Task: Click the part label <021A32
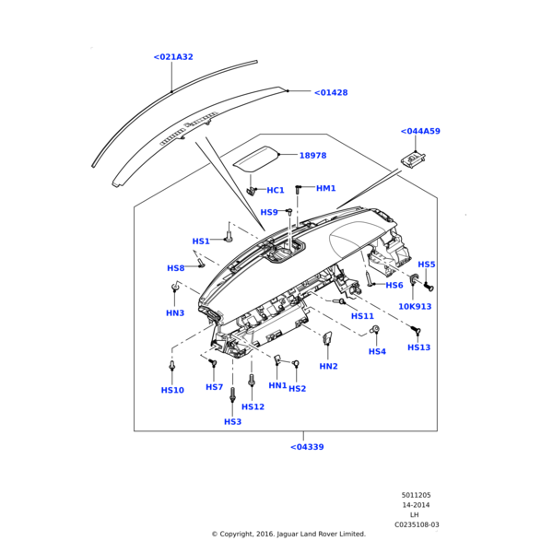[173, 57]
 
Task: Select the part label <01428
[331, 93]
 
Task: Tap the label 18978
[312, 156]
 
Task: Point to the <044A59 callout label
[420, 132]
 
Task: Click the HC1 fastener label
[276, 191]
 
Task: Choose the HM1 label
[326, 189]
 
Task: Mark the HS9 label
[269, 213]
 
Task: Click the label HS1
[201, 241]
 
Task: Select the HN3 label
[175, 313]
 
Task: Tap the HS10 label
[172, 390]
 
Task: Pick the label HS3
[232, 422]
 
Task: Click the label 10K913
[415, 307]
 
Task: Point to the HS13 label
[418, 347]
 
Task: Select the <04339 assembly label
[307, 447]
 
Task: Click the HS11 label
[362, 316]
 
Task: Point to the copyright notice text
[288, 534]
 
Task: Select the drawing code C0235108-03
[417, 524]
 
